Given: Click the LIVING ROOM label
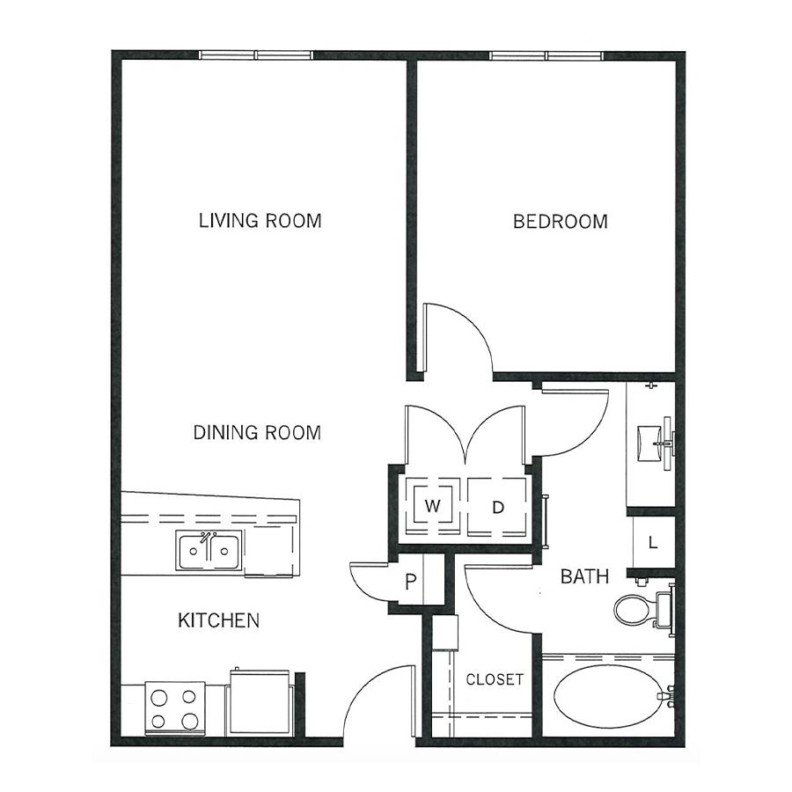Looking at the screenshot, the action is [260, 221].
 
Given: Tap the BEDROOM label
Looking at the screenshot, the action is [561, 222].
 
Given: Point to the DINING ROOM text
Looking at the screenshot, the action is [257, 432].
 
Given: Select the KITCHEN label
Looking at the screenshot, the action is [219, 620].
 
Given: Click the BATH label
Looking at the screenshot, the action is [584, 576].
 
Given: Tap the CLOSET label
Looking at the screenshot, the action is [495, 679].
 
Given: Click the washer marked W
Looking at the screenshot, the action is [432, 506].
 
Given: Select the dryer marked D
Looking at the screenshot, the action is [497, 506].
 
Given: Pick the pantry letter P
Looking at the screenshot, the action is [411, 582].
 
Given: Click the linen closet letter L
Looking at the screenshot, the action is [653, 542].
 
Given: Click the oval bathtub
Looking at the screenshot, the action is [609, 697].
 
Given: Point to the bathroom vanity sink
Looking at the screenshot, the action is [650, 444].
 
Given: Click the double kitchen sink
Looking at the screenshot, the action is [209, 551].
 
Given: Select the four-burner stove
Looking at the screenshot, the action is [175, 708].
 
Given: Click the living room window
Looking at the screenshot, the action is [256, 55].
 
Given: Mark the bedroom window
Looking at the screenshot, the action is [546, 55].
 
